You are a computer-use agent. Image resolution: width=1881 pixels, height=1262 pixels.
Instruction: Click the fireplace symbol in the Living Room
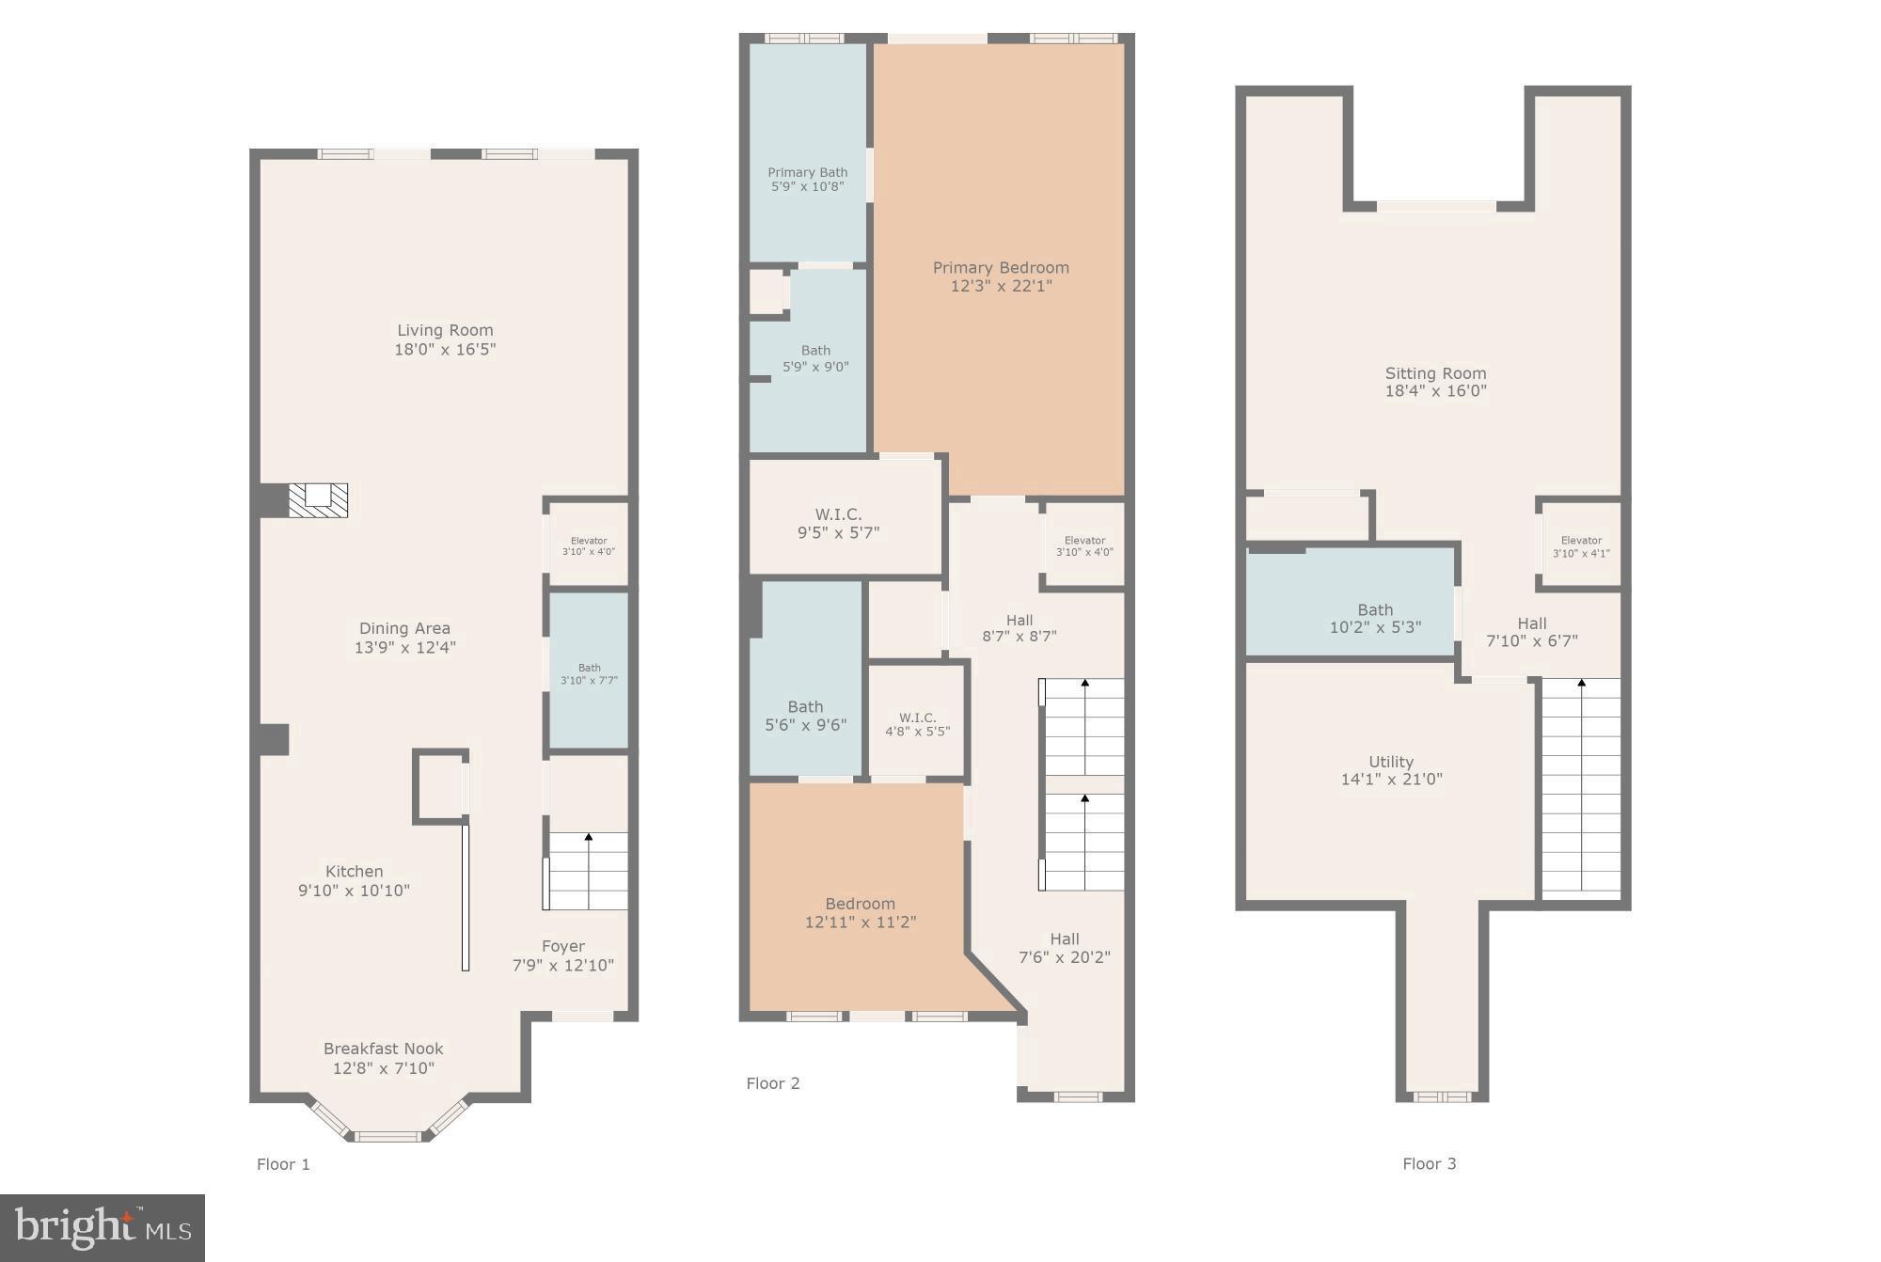point(318,499)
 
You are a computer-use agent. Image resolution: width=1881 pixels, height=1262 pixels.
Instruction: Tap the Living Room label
point(445,330)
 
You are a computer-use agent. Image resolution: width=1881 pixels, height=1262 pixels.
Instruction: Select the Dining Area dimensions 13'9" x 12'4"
point(404,647)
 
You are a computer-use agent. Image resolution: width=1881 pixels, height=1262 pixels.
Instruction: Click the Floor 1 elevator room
point(589,545)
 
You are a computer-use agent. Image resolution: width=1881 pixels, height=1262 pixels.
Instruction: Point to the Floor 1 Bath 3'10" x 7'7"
point(589,673)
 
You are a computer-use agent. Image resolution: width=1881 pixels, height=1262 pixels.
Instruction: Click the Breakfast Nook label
point(383,1049)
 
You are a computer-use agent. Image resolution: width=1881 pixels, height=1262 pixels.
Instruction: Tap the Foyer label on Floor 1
point(562,946)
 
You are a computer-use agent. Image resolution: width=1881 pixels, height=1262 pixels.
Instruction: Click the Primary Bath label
point(807,172)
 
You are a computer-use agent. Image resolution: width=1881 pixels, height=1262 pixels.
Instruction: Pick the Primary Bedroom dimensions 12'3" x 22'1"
point(1001,286)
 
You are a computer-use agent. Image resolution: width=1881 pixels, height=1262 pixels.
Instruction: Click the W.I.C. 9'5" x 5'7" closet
point(838,523)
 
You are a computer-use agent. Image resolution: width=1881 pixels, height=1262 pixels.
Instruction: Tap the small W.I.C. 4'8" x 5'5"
point(917,724)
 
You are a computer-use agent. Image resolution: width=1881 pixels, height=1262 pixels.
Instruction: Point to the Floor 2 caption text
point(772,1083)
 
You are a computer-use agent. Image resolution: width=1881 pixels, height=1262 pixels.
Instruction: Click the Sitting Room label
point(1435,373)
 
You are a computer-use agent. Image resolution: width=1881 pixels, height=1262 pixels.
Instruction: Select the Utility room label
point(1390,762)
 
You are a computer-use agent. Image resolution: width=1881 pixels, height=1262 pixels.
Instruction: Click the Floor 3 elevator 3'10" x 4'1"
point(1580,546)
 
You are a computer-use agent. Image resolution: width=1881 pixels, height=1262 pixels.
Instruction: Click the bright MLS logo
point(103,1227)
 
